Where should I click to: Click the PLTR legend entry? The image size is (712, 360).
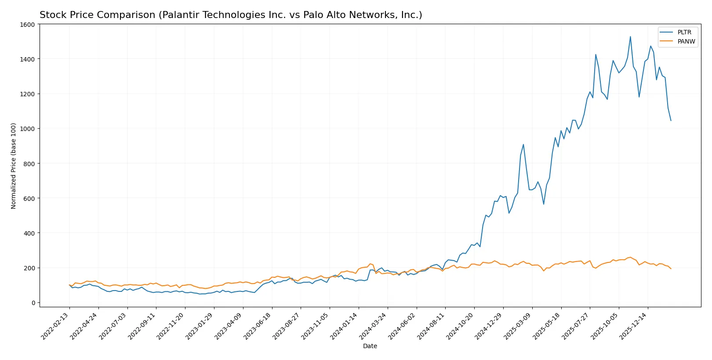click(684, 32)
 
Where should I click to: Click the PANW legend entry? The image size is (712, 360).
click(686, 41)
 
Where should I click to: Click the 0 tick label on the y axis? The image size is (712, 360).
click(33, 303)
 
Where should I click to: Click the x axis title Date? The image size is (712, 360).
click(370, 346)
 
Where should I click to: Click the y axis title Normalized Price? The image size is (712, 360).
click(14, 166)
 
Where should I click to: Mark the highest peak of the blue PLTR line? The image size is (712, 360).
click(630, 37)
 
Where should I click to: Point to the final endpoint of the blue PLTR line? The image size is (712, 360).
click(671, 120)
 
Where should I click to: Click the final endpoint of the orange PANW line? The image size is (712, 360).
click(671, 269)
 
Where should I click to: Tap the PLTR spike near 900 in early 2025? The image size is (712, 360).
click(523, 145)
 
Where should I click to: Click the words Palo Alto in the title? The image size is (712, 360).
click(321, 15)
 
